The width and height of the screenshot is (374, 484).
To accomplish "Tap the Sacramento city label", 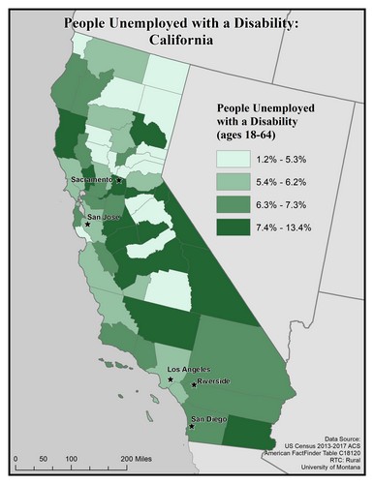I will [x=93, y=180].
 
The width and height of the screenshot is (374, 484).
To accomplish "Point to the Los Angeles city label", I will [x=189, y=370].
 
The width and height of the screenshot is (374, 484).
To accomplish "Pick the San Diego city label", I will [x=207, y=418].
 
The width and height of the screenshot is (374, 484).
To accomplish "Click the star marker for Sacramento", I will [x=120, y=181].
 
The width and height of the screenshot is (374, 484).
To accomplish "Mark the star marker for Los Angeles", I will [x=171, y=379].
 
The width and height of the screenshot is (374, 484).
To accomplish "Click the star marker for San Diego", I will [x=192, y=424].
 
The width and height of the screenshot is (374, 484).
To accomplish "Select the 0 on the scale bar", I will [x=17, y=455].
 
